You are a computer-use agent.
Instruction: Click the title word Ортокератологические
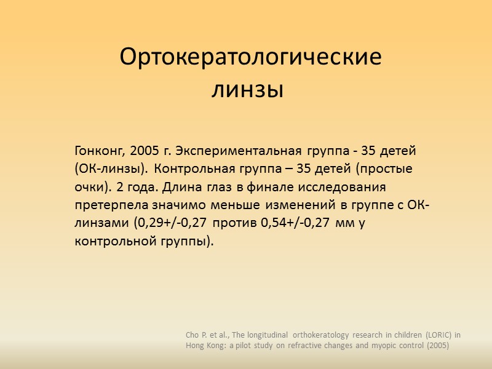coord(250,58)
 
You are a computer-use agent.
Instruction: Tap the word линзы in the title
coord(247,90)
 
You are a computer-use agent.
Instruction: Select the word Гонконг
coord(100,151)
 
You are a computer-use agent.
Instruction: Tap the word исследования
coord(339,187)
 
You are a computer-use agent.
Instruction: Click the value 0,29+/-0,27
coord(170,223)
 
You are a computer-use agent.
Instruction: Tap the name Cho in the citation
coord(193,335)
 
